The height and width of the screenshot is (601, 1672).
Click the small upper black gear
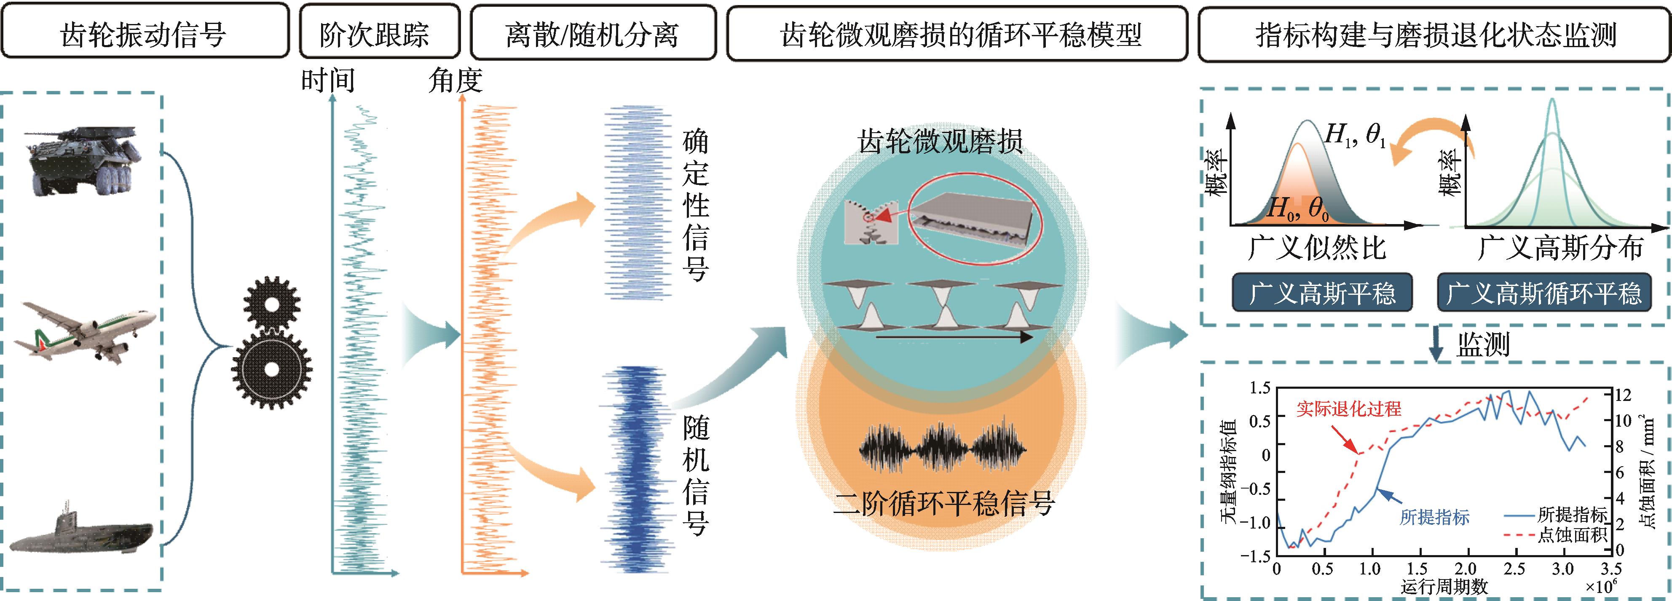271,304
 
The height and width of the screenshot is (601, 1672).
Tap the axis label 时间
328,81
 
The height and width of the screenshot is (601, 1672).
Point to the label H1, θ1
1355,135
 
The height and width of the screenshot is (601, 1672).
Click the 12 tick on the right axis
1623,395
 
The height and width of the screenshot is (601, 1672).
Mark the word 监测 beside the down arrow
1483,345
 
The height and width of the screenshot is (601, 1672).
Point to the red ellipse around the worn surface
975,221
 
